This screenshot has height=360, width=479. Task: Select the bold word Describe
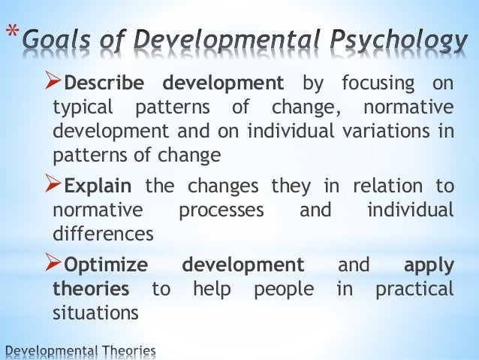105,82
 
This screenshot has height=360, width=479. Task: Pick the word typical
82,107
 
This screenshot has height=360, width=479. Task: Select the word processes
221,210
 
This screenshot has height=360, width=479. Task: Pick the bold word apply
429,265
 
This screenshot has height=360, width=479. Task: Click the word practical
416,289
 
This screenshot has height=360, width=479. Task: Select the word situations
95,313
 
